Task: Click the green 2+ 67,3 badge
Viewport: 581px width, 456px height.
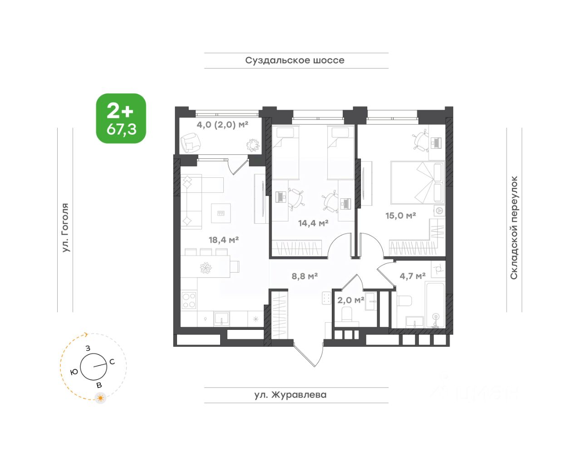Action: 121,118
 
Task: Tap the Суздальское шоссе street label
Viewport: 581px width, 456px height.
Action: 295,60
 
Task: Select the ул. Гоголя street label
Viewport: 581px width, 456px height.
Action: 65,228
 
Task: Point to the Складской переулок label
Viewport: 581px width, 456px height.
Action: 514,228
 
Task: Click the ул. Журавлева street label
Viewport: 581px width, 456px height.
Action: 290,395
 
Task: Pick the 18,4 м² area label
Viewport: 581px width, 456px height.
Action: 223,240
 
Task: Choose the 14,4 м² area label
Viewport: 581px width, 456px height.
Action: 313,223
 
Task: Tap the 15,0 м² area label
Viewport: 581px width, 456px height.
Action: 400,215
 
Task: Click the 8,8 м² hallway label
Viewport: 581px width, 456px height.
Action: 305,276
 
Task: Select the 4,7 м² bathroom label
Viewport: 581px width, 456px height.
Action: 413,276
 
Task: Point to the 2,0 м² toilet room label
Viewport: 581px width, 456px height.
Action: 350,300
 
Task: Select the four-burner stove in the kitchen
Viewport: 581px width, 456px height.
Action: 189,300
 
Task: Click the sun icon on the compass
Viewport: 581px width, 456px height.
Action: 100,398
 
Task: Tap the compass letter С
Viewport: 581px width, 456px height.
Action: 112,362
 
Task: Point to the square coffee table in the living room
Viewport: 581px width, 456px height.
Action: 221,213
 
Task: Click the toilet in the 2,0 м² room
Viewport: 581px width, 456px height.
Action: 347,314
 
